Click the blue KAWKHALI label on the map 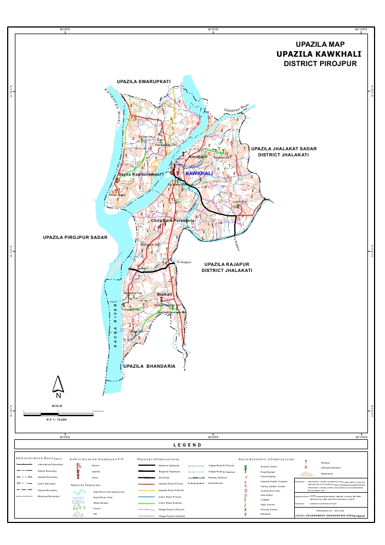tap(199, 173)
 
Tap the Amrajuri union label tap(197, 157)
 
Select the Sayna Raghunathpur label tap(141, 175)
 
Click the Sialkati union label tap(164, 295)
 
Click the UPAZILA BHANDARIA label tap(149, 366)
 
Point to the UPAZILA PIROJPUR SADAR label tap(74, 238)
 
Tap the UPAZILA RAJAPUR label tap(226, 264)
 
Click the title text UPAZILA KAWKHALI tap(318, 54)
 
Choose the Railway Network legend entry tap(218, 478)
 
